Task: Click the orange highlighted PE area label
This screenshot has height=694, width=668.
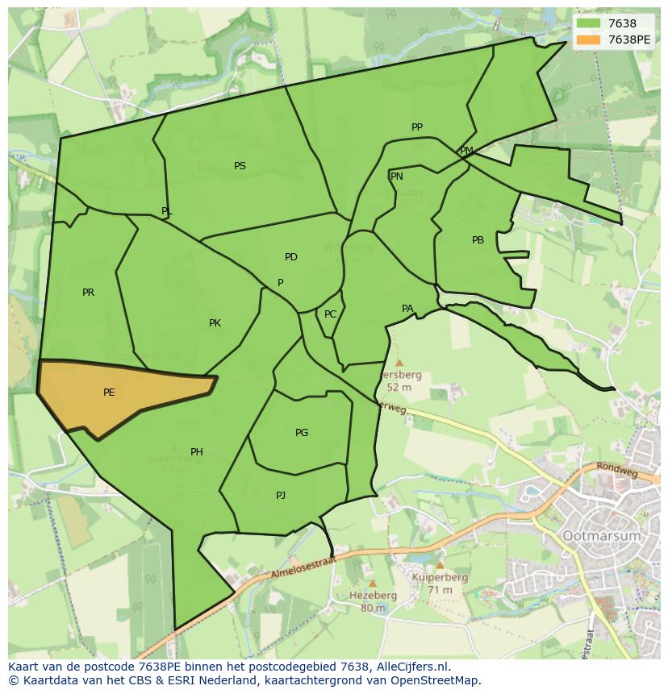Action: [x=109, y=393]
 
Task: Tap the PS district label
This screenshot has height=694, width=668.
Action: [x=240, y=166]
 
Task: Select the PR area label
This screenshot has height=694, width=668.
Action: [x=88, y=293]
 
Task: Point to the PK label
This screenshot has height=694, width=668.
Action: [x=215, y=323]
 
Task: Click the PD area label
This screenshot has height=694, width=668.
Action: [x=291, y=257]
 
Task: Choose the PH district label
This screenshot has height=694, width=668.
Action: [x=197, y=452]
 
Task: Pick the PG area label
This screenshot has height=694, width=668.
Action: [x=302, y=433]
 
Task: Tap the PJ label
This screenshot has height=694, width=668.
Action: [x=281, y=496]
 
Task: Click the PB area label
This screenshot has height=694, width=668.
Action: [x=478, y=240]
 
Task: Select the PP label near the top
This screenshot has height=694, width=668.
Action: [x=417, y=127]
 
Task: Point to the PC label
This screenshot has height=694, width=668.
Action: [x=330, y=314]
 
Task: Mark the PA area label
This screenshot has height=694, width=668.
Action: [x=407, y=309]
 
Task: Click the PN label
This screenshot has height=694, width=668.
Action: [x=397, y=177]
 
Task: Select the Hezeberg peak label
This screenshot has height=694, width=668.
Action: [x=374, y=596]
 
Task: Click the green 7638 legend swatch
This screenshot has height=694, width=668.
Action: [x=588, y=24]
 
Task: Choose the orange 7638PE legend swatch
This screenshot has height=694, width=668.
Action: [x=588, y=39]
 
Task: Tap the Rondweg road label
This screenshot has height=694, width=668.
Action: [x=616, y=469]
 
